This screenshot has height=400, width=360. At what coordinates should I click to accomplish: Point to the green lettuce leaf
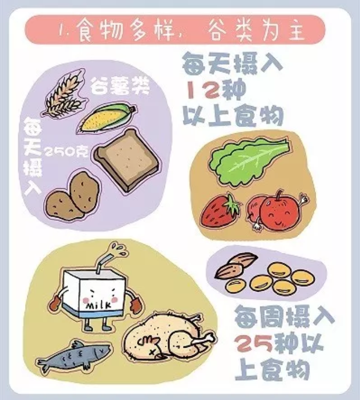point(249,161)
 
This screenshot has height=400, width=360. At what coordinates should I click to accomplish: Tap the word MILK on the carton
point(99,305)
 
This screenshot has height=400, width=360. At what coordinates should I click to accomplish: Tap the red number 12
point(203,91)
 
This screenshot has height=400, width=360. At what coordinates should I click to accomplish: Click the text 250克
point(66,153)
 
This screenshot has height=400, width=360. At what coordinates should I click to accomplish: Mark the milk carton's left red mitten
point(57,302)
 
